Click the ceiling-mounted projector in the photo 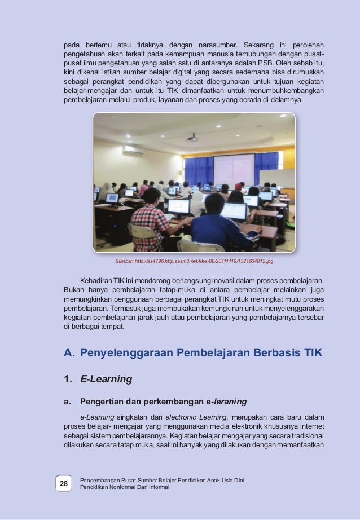(192, 137)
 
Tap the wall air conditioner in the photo (133, 150)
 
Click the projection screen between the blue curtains (234, 169)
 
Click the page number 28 (63, 484)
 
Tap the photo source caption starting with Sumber (194, 261)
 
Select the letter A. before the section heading (69, 354)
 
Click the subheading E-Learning (106, 380)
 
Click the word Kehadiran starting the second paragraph (96, 280)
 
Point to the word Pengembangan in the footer (102, 481)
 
